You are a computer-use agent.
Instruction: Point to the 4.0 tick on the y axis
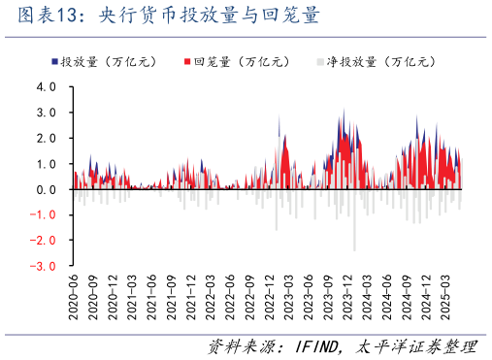(47, 86)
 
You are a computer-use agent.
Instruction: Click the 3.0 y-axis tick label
(47, 113)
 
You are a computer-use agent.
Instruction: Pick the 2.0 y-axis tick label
(47, 138)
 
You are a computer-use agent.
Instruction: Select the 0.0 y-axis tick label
(47, 189)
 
